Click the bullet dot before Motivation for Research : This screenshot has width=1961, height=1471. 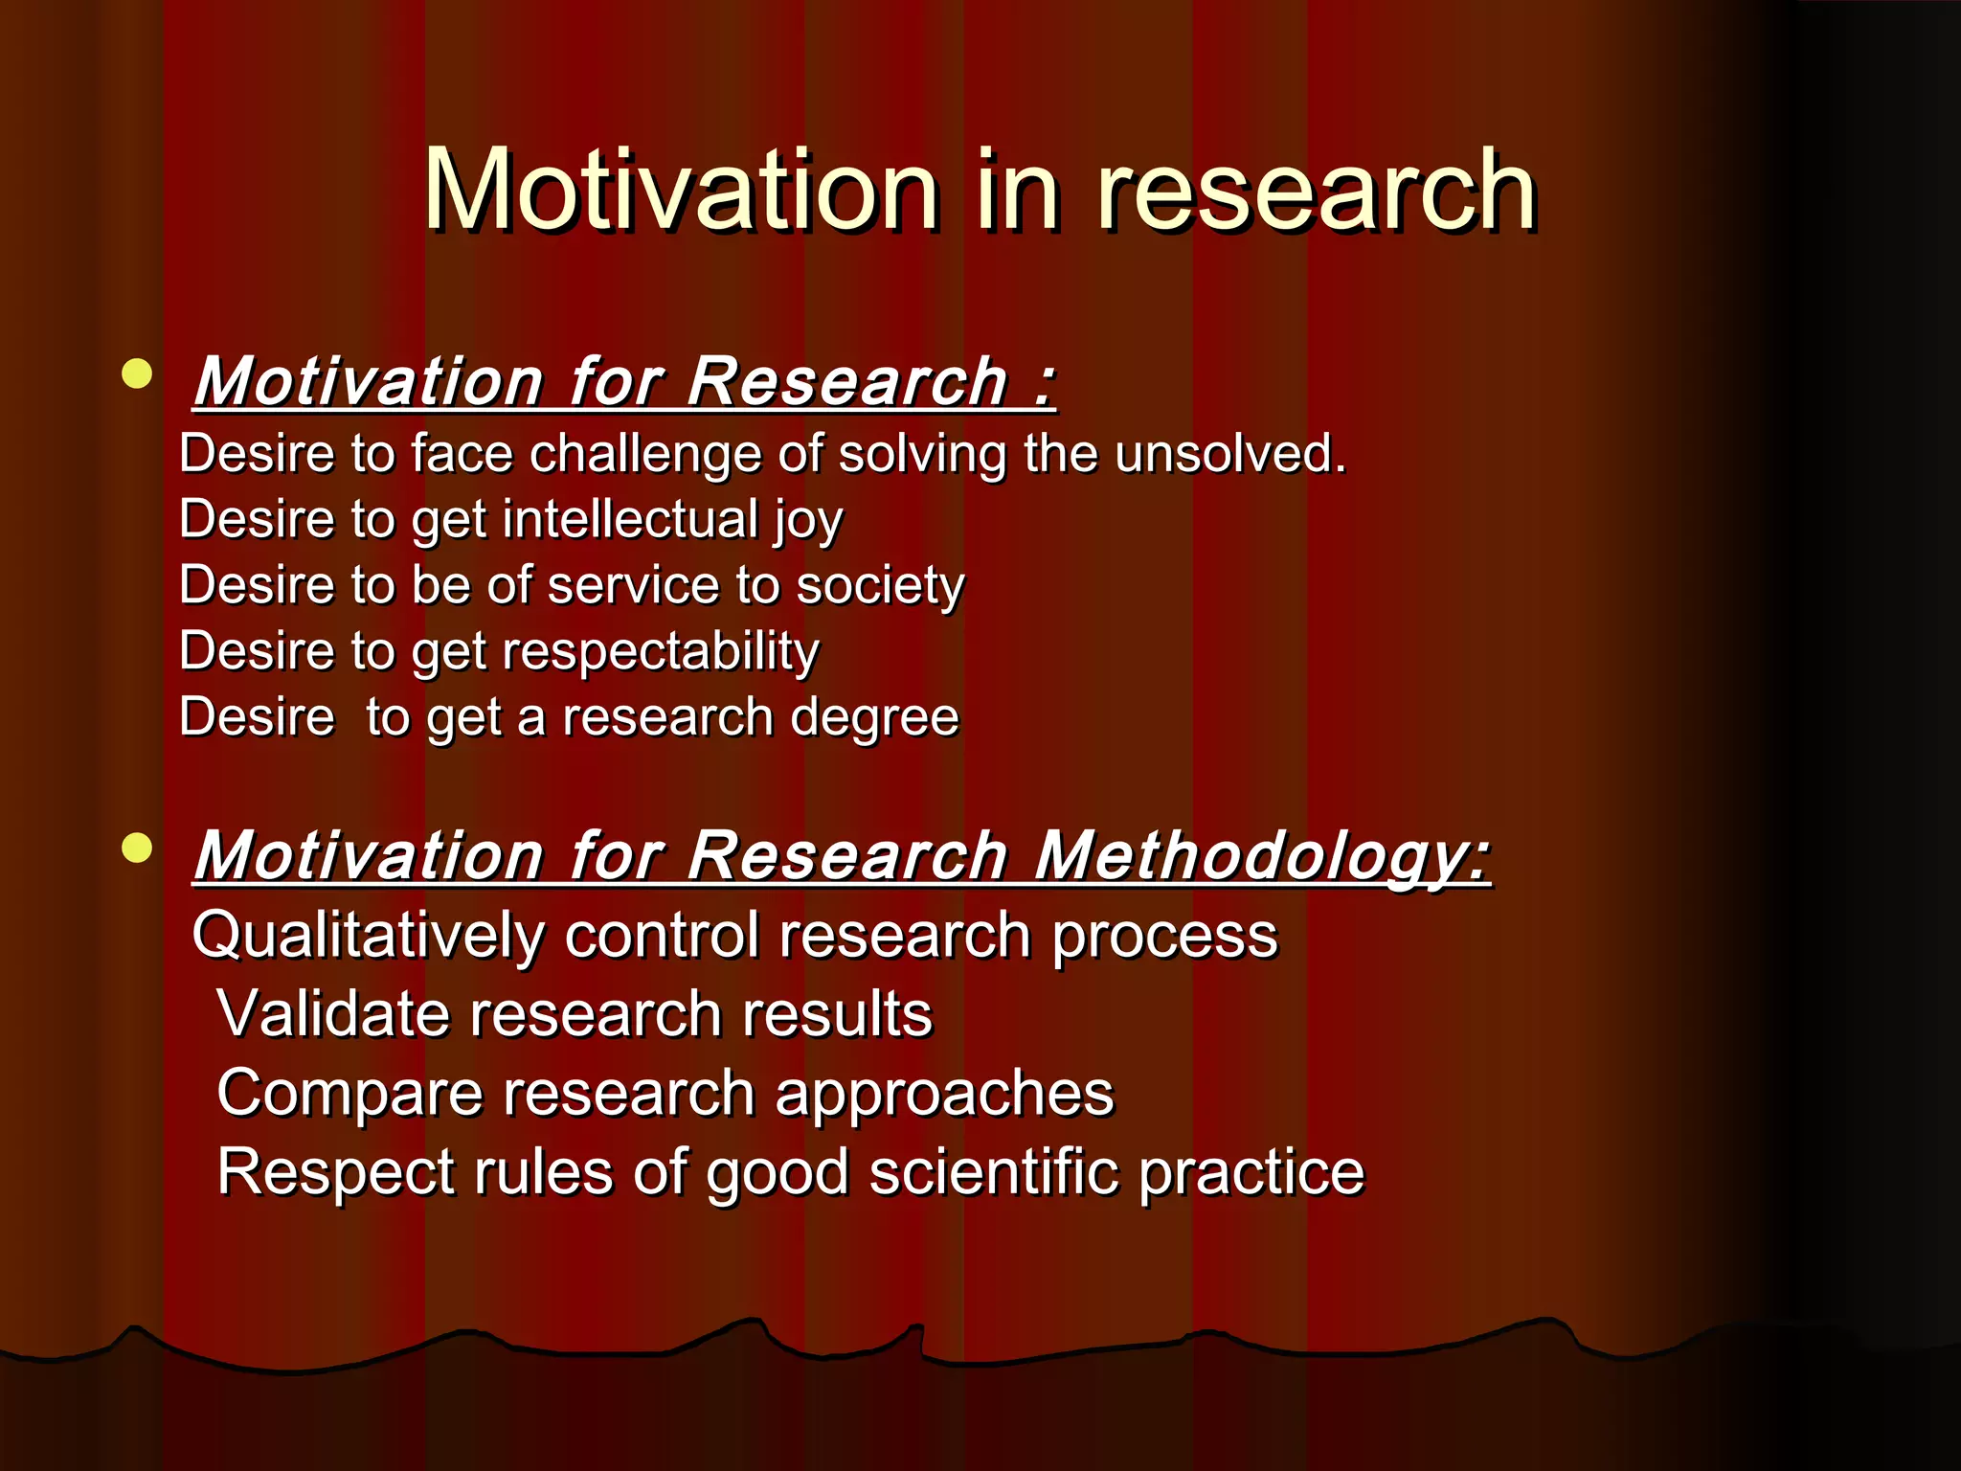tap(138, 373)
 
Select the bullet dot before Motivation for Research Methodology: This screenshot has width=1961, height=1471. tap(138, 848)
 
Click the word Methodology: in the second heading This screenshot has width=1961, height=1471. tap(1262, 855)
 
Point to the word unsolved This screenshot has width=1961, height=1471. tap(1230, 453)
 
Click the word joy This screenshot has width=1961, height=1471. tap(808, 520)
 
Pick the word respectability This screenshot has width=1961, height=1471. tap(661, 652)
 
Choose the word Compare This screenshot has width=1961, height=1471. tap(350, 1094)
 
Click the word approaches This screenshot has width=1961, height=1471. tap(944, 1094)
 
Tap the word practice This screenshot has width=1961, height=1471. tap(1251, 1172)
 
